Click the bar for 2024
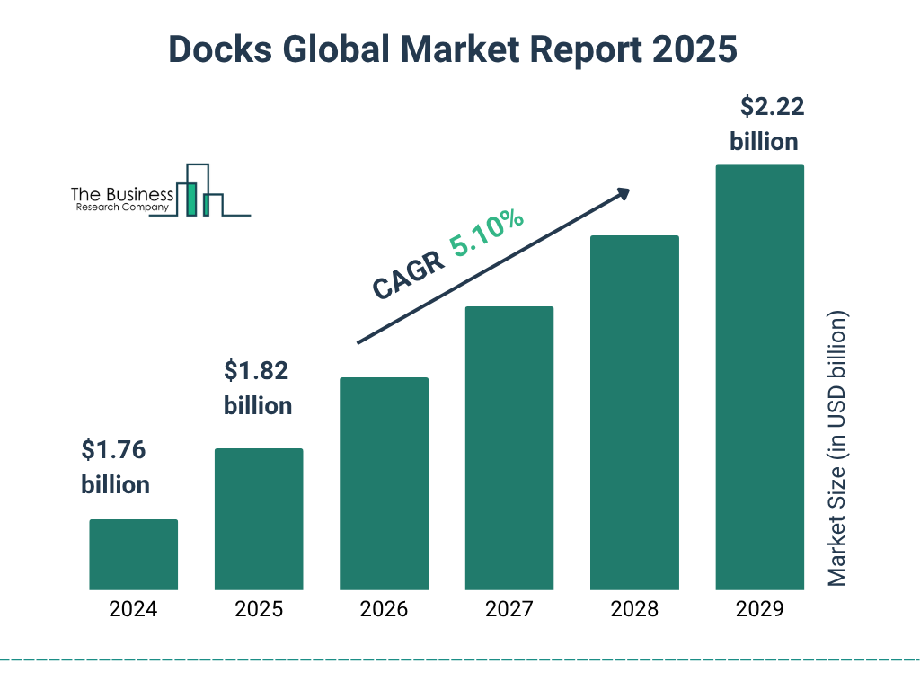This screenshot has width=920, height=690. [x=133, y=554]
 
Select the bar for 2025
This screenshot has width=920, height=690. [x=259, y=518]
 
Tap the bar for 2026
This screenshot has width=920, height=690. [x=384, y=483]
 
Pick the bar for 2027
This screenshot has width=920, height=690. [x=509, y=447]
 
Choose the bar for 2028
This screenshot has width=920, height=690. [x=634, y=412]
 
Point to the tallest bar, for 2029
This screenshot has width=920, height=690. [x=759, y=377]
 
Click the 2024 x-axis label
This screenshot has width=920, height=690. [x=133, y=609]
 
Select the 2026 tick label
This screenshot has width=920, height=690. [x=384, y=609]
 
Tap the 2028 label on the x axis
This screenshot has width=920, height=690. [x=634, y=609]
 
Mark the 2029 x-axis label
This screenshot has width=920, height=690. [x=759, y=609]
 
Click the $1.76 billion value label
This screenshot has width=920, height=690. [x=115, y=466]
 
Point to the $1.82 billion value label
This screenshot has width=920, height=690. [x=258, y=387]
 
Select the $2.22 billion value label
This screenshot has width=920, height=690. [x=765, y=124]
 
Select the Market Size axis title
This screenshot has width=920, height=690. [x=837, y=449]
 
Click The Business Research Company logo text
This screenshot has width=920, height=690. [x=122, y=199]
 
